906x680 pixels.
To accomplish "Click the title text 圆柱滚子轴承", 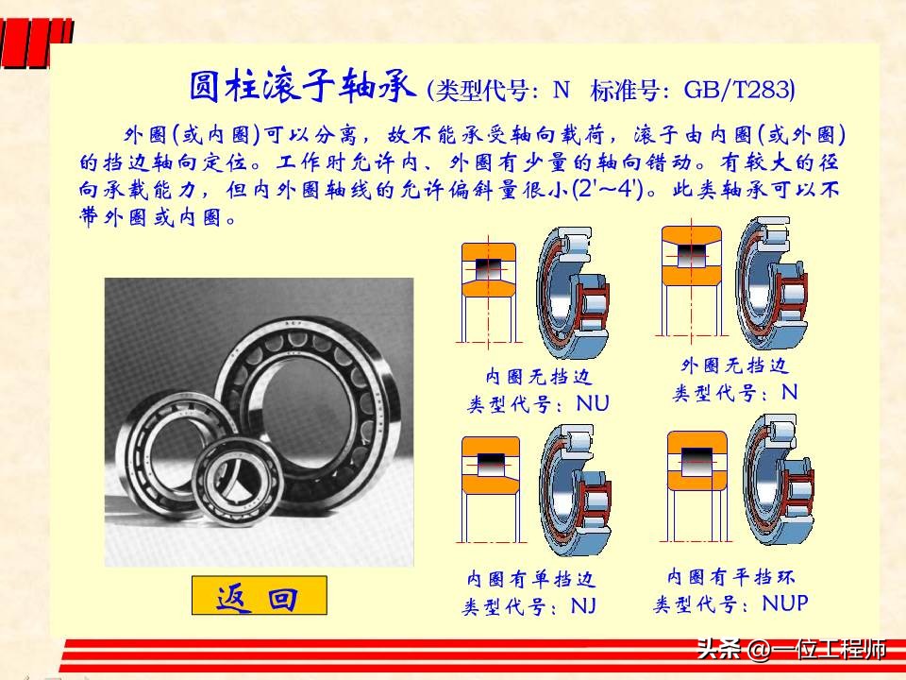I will pyautogui.click(x=302, y=88).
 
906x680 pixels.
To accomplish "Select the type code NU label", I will pyautogui.click(x=593, y=404).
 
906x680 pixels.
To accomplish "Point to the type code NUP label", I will pyautogui.click(x=785, y=603).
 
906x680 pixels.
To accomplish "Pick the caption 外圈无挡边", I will pyautogui.click(x=734, y=365).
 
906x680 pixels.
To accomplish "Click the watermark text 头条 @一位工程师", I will pyautogui.click(x=791, y=650).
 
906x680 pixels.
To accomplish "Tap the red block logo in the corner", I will pyautogui.click(x=36, y=42).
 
